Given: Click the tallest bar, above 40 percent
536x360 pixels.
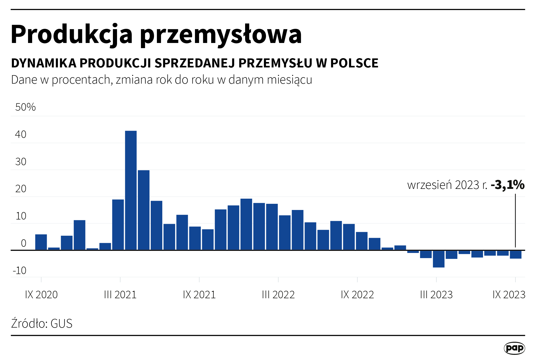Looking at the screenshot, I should (131, 190).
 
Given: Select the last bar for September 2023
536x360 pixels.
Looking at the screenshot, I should (515, 254).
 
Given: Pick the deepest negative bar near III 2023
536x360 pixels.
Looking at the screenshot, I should (439, 259).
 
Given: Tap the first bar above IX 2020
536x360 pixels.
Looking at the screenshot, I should (41, 242).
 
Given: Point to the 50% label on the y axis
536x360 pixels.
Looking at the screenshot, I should (25, 107).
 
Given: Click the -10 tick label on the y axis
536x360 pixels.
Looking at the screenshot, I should (20, 270).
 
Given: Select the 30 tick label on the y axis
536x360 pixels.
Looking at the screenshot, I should (21, 162).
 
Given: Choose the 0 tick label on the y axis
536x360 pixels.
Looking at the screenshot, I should (23, 243).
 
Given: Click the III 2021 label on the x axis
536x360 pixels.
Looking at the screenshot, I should (120, 295).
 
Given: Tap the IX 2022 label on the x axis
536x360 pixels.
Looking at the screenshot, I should (357, 295).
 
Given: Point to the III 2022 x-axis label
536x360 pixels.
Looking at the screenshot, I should (278, 295).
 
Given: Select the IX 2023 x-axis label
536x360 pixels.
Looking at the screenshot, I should (509, 295).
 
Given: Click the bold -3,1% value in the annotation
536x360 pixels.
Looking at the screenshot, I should (507, 185).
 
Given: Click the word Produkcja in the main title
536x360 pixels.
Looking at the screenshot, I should (72, 35).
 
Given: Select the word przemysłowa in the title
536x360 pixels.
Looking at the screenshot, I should (221, 35).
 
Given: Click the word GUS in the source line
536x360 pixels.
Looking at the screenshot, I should (61, 323).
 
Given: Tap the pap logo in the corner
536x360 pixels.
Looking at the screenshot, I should (514, 348).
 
